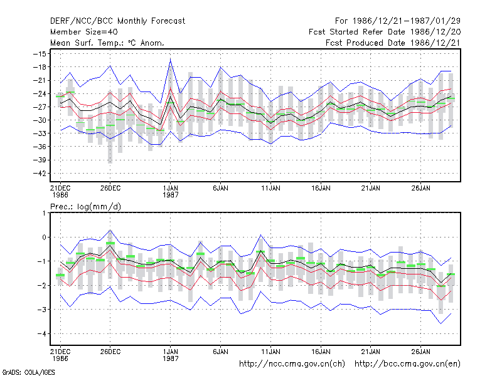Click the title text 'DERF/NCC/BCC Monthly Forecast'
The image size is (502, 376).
click(117, 21)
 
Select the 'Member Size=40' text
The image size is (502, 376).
click(84, 32)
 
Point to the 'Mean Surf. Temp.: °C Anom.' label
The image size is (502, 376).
click(107, 43)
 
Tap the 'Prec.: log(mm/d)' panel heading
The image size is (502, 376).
click(85, 207)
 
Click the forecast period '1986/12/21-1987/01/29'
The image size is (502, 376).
click(407, 21)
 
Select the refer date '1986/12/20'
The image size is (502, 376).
click(435, 32)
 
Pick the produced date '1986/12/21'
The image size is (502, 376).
click(435, 43)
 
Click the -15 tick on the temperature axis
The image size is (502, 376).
click(40, 54)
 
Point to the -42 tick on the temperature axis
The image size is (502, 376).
click(40, 174)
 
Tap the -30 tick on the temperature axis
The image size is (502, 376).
click(40, 120)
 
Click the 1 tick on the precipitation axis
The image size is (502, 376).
click(44, 213)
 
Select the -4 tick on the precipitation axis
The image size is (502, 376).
click(41, 334)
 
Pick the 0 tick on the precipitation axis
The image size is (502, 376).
click(44, 238)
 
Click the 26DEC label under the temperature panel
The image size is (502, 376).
click(110, 188)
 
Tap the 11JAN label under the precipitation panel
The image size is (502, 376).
click(270, 352)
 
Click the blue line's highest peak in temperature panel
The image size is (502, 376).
click(170, 59)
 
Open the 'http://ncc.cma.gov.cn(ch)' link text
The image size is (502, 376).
click(292, 364)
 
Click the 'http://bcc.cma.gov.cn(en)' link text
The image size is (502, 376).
click(407, 364)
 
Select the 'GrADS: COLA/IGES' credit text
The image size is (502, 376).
click(28, 372)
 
